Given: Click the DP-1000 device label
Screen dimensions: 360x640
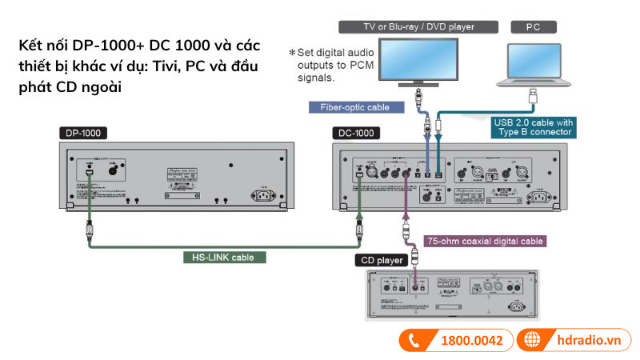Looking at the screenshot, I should click(84, 134).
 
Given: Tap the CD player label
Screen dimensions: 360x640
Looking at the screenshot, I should click(381, 260).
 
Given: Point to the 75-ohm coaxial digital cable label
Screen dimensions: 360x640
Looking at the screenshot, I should click(484, 241).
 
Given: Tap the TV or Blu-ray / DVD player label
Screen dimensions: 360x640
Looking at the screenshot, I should click(418, 26).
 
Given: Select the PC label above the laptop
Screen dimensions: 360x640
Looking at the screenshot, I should click(535, 26).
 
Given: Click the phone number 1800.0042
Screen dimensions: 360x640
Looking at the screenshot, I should click(472, 340).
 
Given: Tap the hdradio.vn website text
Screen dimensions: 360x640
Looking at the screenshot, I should click(590, 340).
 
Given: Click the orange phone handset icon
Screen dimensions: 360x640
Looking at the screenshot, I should click(415, 340).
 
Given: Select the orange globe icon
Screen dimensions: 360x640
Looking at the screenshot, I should click(534, 340).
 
